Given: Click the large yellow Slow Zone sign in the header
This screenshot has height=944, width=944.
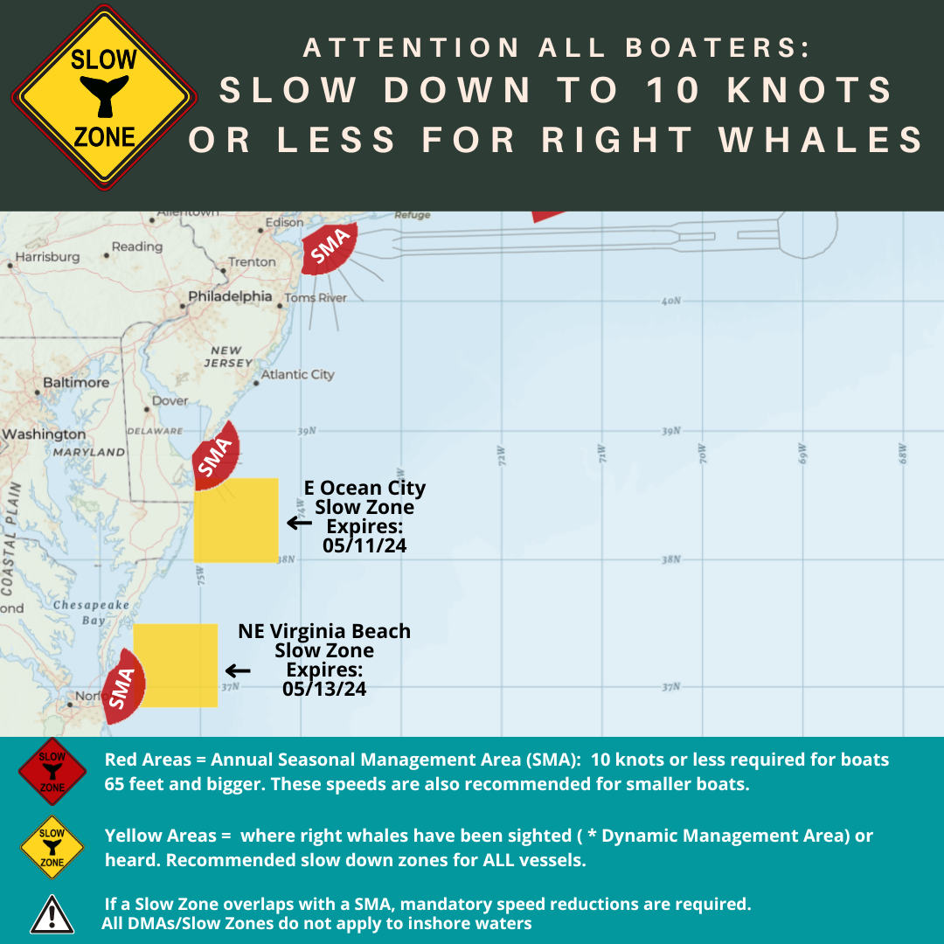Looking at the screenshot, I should coord(104,98).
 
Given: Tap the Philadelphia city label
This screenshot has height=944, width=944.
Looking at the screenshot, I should coord(232,296).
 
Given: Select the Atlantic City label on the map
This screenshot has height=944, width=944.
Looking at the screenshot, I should coord(297,374).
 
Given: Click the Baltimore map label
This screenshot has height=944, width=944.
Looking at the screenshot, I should coord(76,382).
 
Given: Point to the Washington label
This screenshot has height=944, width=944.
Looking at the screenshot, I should coord(44,434).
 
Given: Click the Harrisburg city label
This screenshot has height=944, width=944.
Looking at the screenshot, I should coord(47,257).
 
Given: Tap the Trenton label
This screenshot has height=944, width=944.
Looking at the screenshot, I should coord(252,261).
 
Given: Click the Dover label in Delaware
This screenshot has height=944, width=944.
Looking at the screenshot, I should coord(170,400).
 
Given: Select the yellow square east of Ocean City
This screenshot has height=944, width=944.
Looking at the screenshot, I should coord(236,520).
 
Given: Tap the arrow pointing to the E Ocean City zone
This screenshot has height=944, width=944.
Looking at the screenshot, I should coord(299,523).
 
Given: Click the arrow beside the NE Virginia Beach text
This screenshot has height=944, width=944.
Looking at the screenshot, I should coord(237,670).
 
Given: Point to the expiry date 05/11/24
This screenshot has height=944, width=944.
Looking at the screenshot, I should coord(364,546).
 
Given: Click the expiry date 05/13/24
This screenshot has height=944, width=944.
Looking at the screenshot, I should coord(324,689).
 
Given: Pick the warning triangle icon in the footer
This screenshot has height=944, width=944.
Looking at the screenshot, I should coord(52,914).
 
